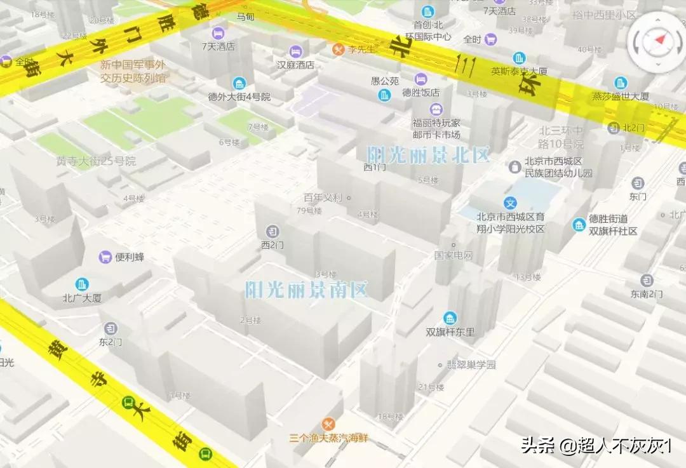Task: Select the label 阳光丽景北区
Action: pos(429,154)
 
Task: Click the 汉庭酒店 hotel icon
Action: pos(295,51)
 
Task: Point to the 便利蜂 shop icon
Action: pos(105,257)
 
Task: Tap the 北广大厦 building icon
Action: pos(82,284)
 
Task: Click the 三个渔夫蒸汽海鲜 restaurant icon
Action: pos(328,424)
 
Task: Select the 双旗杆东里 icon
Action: pos(450,318)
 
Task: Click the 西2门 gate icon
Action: pos(272,231)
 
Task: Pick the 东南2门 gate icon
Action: pos(647,280)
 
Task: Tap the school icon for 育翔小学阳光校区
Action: pos(510,203)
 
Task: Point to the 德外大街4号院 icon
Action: pos(239,83)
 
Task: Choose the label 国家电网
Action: pos(454,256)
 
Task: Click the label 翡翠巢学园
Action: pos(470,365)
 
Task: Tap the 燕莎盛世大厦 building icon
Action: pos(621,83)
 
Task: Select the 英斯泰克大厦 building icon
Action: pos(520,58)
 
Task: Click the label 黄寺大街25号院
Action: pos(96,161)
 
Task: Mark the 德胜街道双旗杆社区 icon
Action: pos(579,225)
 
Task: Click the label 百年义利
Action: pos(323,197)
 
